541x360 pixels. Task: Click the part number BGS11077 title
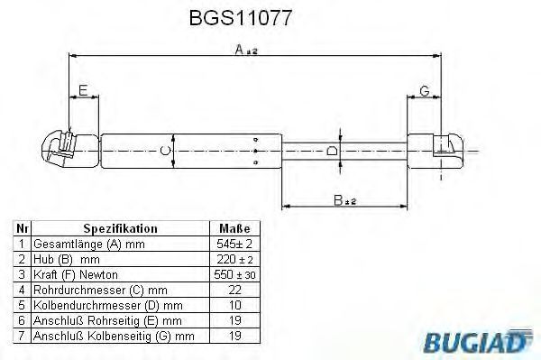click(241, 18)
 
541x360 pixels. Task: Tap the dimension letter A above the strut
click(240, 50)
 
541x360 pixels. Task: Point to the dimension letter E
click(83, 90)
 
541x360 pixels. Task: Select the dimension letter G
click(425, 91)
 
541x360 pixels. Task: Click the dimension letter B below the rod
click(338, 200)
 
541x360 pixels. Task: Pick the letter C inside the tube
click(166, 151)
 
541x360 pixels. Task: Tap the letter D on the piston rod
click(332, 151)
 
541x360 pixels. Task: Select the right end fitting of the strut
click(436, 151)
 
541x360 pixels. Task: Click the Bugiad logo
click(478, 341)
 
